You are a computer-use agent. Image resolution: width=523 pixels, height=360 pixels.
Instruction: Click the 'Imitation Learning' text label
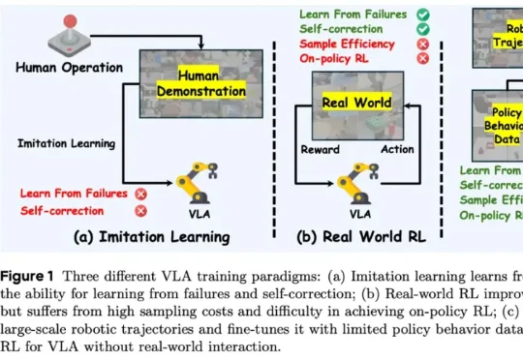66,143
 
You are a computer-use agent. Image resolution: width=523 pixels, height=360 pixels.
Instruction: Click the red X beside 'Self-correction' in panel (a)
141,210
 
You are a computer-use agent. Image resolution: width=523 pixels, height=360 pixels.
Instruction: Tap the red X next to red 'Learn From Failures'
141,193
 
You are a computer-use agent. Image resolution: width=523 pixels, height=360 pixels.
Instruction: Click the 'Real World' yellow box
358,102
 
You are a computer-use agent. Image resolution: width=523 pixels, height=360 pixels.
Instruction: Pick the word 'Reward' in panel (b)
320,150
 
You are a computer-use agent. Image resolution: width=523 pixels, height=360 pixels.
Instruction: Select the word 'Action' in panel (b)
396,150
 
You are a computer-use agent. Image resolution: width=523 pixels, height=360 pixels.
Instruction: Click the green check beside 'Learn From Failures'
422,14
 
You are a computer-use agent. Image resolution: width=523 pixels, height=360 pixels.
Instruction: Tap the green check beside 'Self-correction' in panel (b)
422,29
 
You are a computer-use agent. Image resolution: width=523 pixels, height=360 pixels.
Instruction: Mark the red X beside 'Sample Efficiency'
422,44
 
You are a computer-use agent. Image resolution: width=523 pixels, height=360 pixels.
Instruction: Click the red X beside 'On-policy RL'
422,59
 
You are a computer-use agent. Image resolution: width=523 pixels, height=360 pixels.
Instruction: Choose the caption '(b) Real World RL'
361,235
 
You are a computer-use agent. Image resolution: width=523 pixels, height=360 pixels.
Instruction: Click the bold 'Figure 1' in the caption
31,276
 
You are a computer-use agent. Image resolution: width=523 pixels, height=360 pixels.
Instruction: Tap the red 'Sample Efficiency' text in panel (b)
346,44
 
